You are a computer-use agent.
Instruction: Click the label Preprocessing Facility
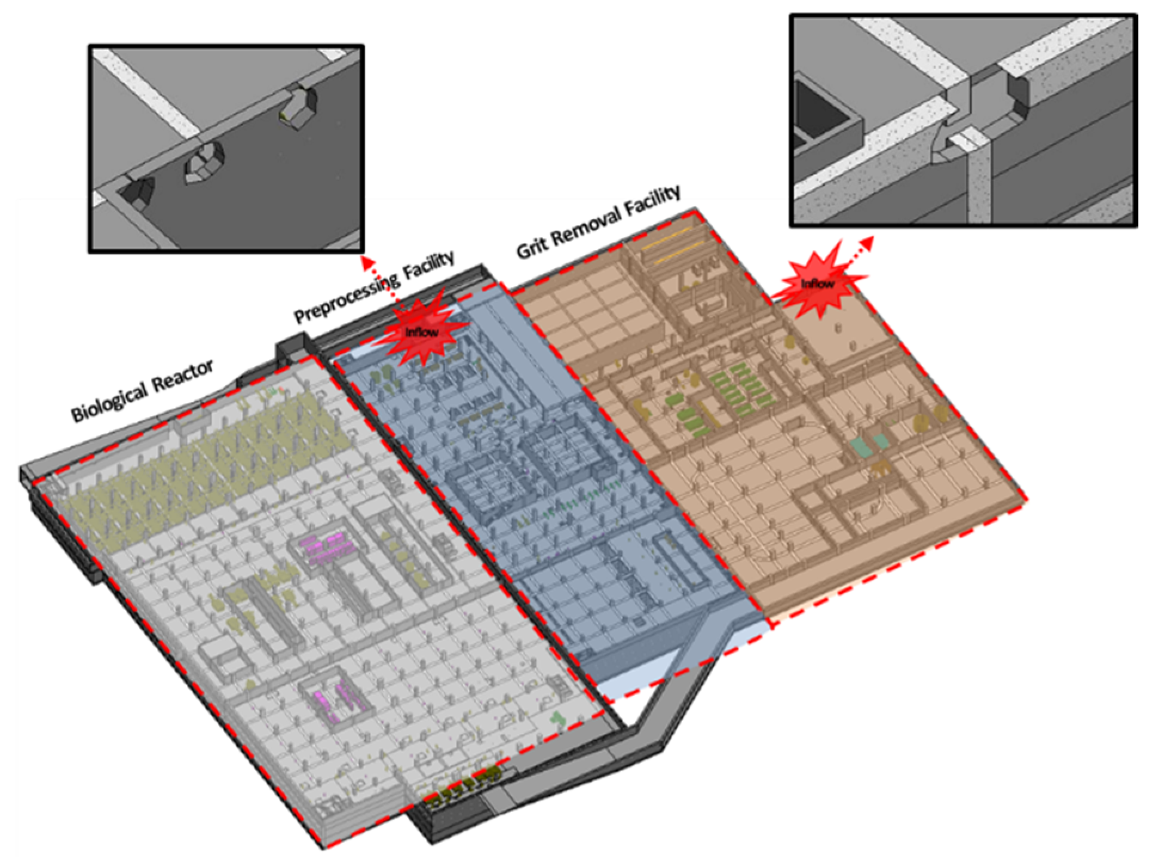(374, 287)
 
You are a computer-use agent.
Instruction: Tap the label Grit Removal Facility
(598, 221)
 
